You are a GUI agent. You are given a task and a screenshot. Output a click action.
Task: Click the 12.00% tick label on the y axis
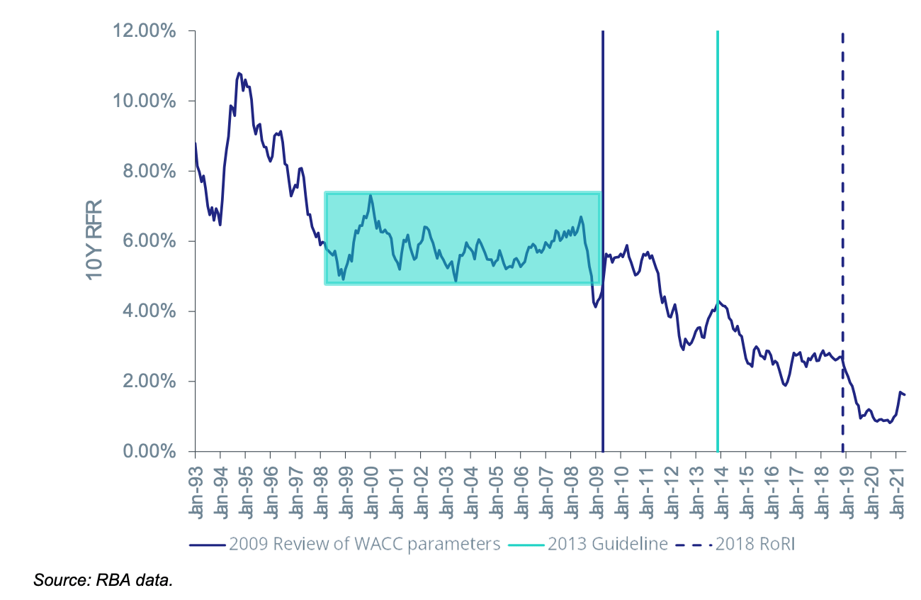pyautogui.click(x=145, y=31)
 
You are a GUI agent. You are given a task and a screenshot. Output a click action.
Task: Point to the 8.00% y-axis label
pyautogui.click(x=149, y=171)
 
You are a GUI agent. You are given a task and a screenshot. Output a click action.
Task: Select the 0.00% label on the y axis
pyautogui.click(x=149, y=451)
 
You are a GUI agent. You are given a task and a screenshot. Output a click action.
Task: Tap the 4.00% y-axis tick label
pyautogui.click(x=149, y=311)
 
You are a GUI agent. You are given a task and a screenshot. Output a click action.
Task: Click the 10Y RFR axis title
pyautogui.click(x=94, y=240)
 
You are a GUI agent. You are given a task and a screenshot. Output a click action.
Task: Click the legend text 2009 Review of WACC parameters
pyautogui.click(x=365, y=544)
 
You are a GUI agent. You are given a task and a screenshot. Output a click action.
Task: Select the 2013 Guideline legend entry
pyautogui.click(x=608, y=544)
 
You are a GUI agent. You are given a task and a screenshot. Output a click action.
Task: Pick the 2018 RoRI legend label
pyautogui.click(x=755, y=544)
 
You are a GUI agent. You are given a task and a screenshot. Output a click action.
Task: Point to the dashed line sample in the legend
pyautogui.click(x=694, y=545)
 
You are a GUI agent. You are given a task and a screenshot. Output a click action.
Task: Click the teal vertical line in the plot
pyautogui.click(x=718, y=241)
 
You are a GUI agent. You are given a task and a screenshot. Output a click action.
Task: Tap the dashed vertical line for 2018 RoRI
pyautogui.click(x=842, y=243)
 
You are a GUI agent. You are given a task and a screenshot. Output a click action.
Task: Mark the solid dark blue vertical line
pyautogui.click(x=603, y=241)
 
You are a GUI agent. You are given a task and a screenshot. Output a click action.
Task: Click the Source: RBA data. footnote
pyautogui.click(x=103, y=580)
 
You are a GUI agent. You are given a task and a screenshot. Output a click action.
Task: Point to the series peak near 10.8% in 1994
pyautogui.click(x=239, y=73)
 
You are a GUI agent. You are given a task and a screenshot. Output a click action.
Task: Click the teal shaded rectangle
pyautogui.click(x=463, y=238)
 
